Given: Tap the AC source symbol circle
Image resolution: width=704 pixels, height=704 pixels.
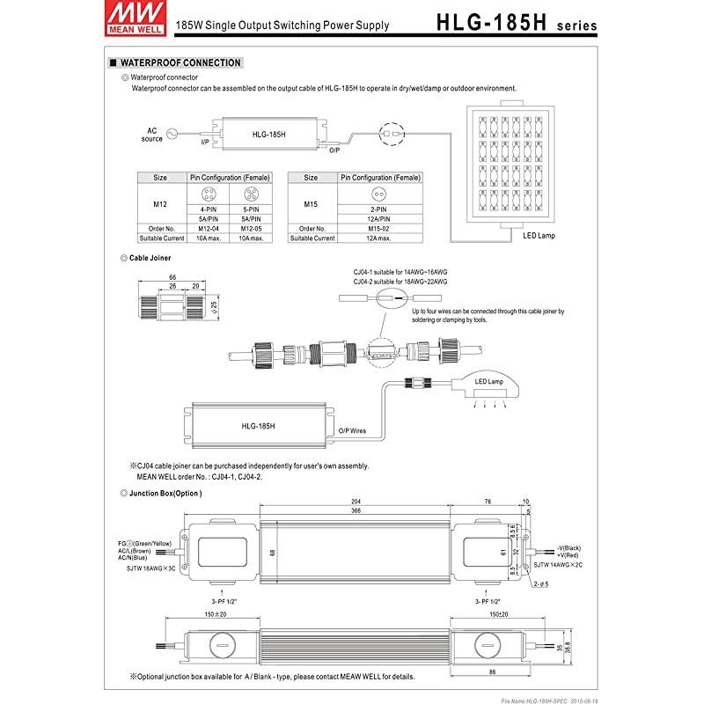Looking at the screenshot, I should point(172,135).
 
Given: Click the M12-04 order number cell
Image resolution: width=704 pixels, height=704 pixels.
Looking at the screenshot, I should point(208,229).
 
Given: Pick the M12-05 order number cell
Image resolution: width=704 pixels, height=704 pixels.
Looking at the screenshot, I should point(248,229).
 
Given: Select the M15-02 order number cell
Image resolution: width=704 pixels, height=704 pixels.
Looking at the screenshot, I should point(380,229).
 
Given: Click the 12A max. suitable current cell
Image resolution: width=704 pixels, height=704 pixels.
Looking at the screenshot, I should point(380,238).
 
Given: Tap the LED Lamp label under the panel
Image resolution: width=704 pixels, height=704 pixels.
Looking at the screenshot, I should point(539,236).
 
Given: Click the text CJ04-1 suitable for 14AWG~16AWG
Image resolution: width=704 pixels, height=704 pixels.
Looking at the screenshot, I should point(400,274).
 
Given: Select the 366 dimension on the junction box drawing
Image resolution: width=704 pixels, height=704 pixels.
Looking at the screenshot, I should point(355,512).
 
